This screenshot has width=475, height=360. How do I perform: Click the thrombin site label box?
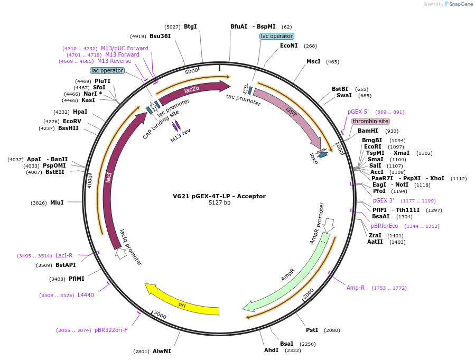370,121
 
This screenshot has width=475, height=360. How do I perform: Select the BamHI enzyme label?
368,131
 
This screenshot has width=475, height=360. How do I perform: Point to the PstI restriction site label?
312,330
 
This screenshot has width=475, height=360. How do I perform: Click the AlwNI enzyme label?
162,351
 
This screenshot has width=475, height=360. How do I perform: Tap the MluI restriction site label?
57,202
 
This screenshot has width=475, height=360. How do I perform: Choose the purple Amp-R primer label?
356,288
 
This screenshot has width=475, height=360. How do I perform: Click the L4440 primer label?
86,295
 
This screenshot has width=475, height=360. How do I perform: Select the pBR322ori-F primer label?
111,330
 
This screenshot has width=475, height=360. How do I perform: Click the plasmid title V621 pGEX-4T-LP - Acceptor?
219,196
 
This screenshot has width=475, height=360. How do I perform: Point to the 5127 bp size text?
219,203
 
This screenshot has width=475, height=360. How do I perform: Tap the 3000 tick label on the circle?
160,316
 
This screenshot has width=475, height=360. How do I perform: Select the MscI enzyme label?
313,61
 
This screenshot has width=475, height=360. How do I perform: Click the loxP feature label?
314,158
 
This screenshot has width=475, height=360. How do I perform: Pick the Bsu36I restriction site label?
160,36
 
